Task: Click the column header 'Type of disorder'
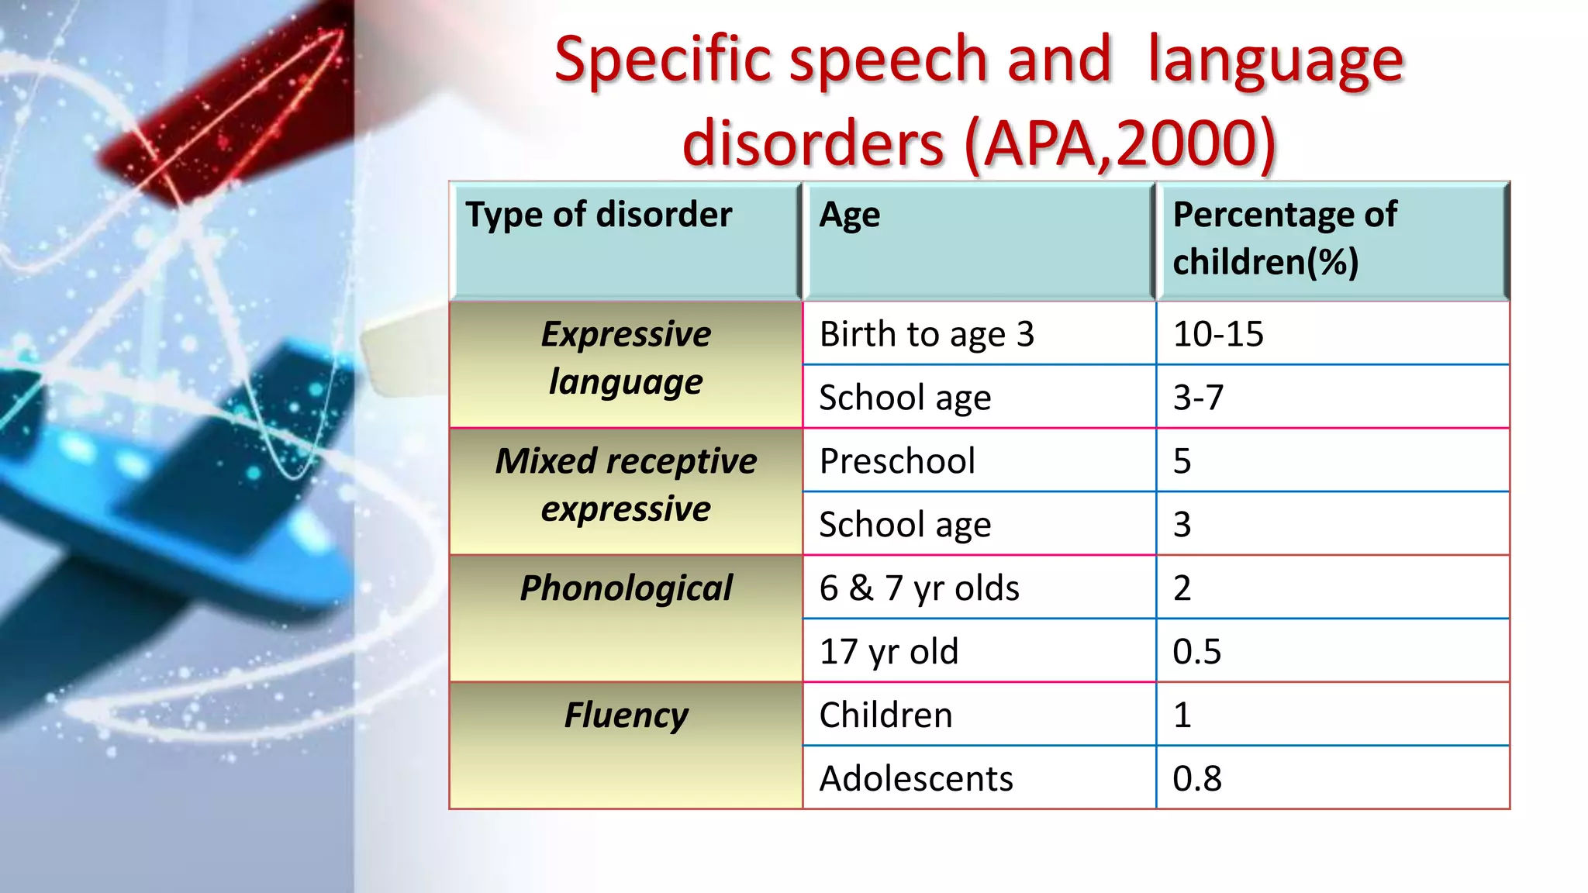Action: [599, 215]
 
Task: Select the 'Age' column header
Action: [850, 215]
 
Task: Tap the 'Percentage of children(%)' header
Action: [1284, 238]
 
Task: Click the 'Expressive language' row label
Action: [626, 358]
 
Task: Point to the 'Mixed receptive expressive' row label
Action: [626, 485]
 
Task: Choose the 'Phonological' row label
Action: [626, 588]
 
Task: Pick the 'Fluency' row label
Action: [626, 715]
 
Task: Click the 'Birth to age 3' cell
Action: [927, 334]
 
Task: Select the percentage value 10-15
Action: [1218, 334]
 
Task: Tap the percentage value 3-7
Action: [1198, 398]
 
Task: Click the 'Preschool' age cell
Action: [897, 461]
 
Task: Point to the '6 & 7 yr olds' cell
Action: [919, 588]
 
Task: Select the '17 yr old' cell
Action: [889, 651]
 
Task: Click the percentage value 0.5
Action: [1196, 651]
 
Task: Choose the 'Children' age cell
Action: [885, 715]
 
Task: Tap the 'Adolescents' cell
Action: [916, 778]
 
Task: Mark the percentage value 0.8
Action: [1196, 778]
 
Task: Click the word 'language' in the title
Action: [1276, 62]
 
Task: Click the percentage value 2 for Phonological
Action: [1182, 588]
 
